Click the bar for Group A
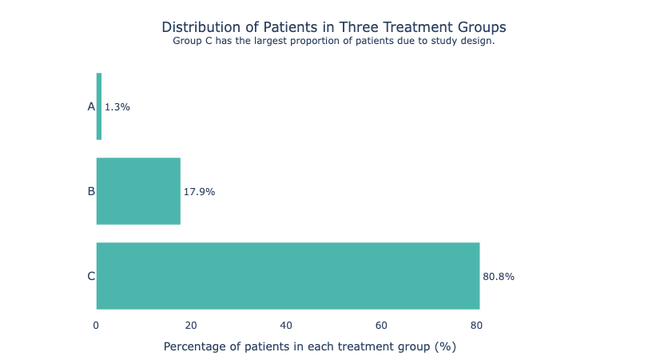pyautogui.click(x=99, y=106)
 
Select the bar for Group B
pyautogui.click(x=138, y=191)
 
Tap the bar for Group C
pyautogui.click(x=288, y=275)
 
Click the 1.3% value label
pyautogui.click(x=117, y=107)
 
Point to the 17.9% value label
pyautogui.click(x=199, y=192)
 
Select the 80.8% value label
pyautogui.click(x=499, y=277)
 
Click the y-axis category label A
pyautogui.click(x=90, y=106)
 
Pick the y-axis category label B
pyautogui.click(x=90, y=191)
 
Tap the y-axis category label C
pyautogui.click(x=90, y=276)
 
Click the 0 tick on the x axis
pyautogui.click(x=96, y=326)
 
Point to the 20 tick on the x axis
pyautogui.click(x=191, y=326)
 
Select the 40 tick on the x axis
pyautogui.click(x=286, y=326)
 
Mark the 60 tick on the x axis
pyautogui.click(x=381, y=326)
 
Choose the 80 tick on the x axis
pyautogui.click(x=476, y=326)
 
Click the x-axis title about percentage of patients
pyautogui.click(x=309, y=346)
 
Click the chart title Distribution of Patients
pyautogui.click(x=333, y=27)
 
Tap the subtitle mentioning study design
pyautogui.click(x=333, y=41)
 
